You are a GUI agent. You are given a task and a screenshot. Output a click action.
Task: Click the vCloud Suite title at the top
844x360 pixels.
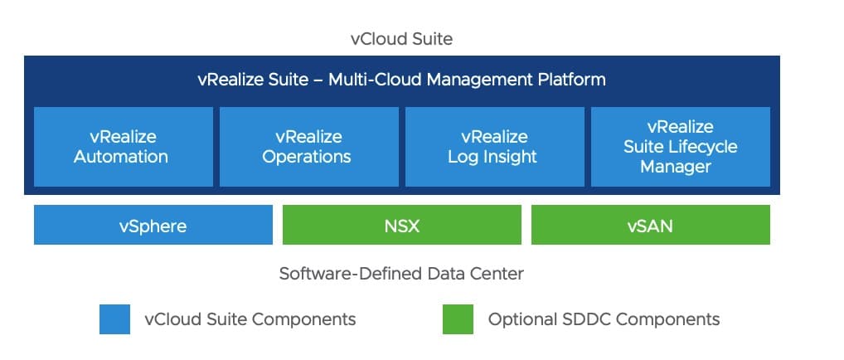[401, 39]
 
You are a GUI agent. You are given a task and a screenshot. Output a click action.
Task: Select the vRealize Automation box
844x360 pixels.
[121, 146]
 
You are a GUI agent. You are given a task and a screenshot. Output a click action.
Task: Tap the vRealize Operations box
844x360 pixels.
[307, 146]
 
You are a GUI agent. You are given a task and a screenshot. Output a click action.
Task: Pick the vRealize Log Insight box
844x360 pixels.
[492, 146]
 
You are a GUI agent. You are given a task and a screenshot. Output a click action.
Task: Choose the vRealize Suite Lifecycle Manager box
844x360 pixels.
[680, 146]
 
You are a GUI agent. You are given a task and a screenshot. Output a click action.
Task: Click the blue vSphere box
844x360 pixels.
[153, 225]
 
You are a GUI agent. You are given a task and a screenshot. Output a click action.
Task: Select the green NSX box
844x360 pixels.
[401, 225]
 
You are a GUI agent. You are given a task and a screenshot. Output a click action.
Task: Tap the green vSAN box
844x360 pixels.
[650, 225]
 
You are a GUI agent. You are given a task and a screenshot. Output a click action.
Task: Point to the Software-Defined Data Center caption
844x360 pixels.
[401, 273]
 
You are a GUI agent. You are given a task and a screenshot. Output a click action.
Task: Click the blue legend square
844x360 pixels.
[114, 319]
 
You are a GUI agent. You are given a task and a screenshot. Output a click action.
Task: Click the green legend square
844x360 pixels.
[458, 319]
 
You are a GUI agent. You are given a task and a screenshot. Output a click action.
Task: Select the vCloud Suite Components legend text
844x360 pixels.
[250, 319]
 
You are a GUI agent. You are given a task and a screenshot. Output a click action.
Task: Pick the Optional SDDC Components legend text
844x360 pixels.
[604, 319]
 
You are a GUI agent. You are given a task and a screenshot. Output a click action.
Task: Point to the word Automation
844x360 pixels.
[121, 157]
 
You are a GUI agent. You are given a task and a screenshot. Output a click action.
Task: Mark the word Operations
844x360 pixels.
[307, 157]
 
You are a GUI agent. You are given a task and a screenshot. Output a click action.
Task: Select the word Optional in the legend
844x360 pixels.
[520, 319]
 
